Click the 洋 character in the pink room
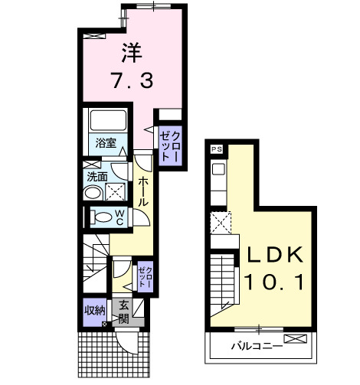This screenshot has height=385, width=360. point(129,53)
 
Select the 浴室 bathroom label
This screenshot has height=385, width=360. point(106,142)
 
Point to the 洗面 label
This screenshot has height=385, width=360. point(97,175)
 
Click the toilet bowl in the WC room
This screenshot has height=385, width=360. point(100,217)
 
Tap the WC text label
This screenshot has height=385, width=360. point(119,217)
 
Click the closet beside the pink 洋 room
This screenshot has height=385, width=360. point(169,139)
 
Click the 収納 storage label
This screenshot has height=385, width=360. point(95,312)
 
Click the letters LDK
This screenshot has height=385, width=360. point(275,255)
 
